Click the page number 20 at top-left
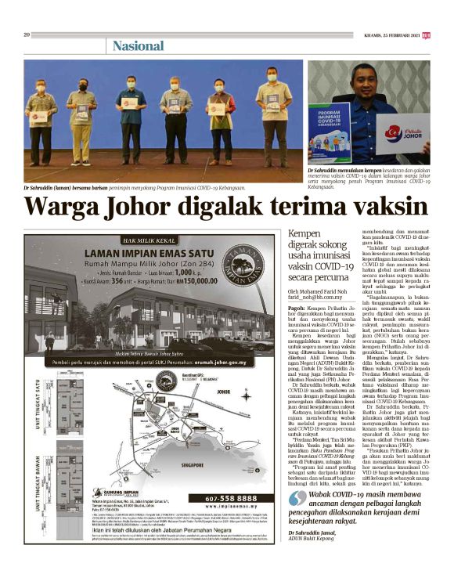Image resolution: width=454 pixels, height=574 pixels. tap(27, 34)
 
